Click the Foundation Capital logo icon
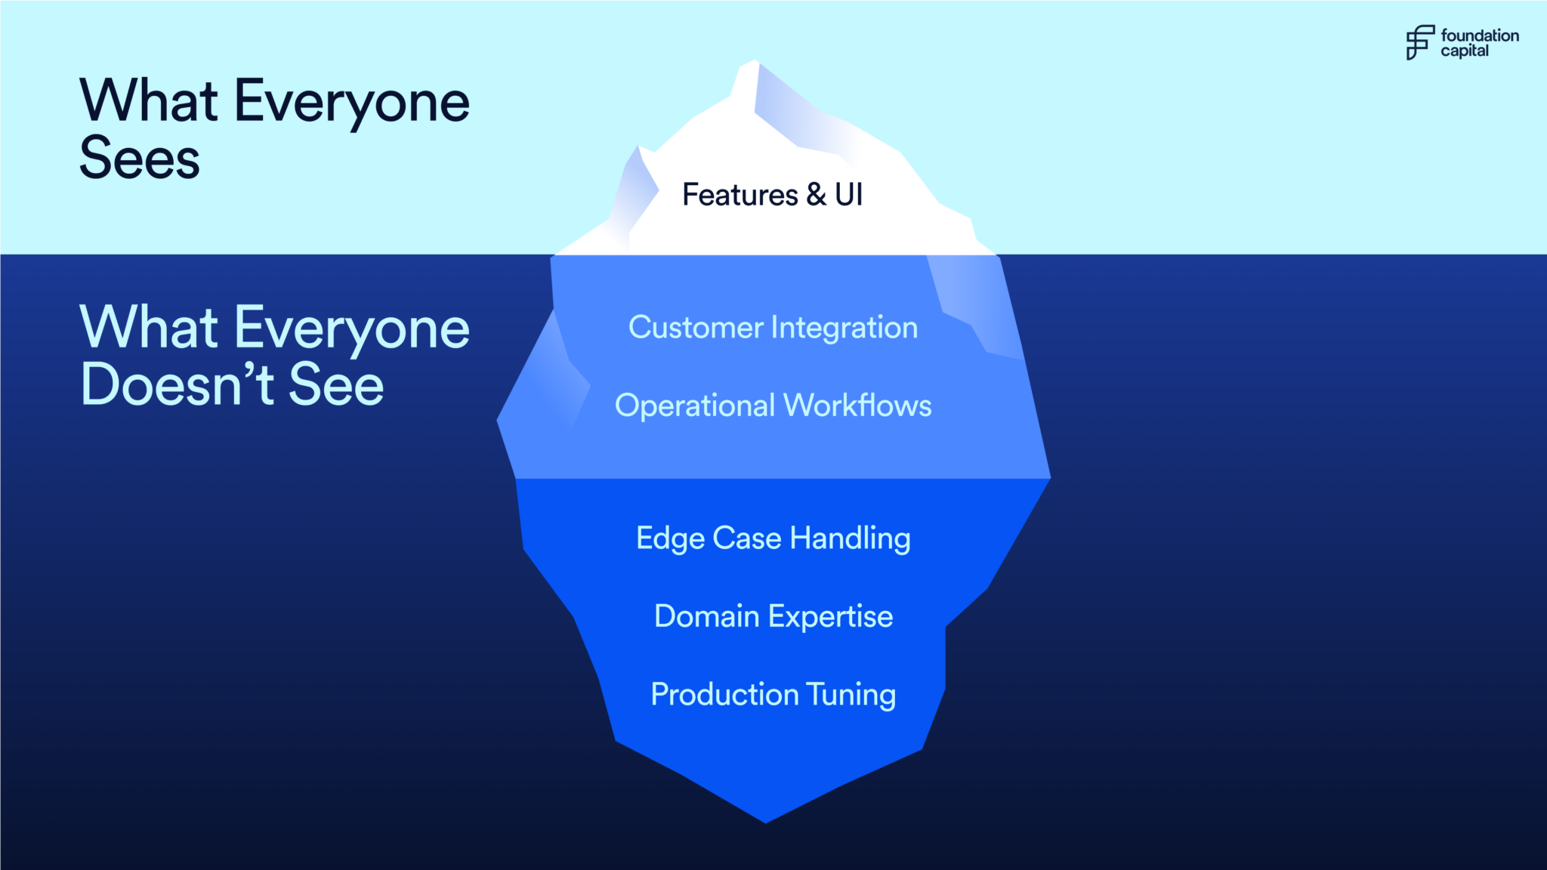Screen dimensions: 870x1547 pyautogui.click(x=1419, y=42)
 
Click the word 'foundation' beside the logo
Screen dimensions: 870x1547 pyautogui.click(x=1479, y=35)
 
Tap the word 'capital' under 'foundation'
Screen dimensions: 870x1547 pyautogui.click(x=1464, y=51)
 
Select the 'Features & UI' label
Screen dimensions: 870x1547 pyautogui.click(x=772, y=195)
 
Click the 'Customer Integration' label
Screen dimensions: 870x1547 pyautogui.click(x=773, y=328)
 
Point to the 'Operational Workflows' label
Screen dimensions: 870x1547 pyautogui.click(x=773, y=406)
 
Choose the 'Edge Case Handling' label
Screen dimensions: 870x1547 pyautogui.click(x=773, y=538)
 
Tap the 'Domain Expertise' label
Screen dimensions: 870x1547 pyautogui.click(x=773, y=616)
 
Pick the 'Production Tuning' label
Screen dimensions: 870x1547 pyautogui.click(x=773, y=695)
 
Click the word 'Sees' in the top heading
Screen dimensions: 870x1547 pyautogui.click(x=140, y=159)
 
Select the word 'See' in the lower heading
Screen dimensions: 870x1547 pyautogui.click(x=336, y=384)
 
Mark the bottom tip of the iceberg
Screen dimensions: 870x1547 pyautogui.click(x=765, y=821)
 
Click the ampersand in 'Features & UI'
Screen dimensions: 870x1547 pyautogui.click(x=816, y=195)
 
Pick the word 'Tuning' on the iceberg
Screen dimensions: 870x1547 pyautogui.click(x=851, y=695)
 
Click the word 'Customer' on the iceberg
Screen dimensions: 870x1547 pyautogui.click(x=696, y=328)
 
